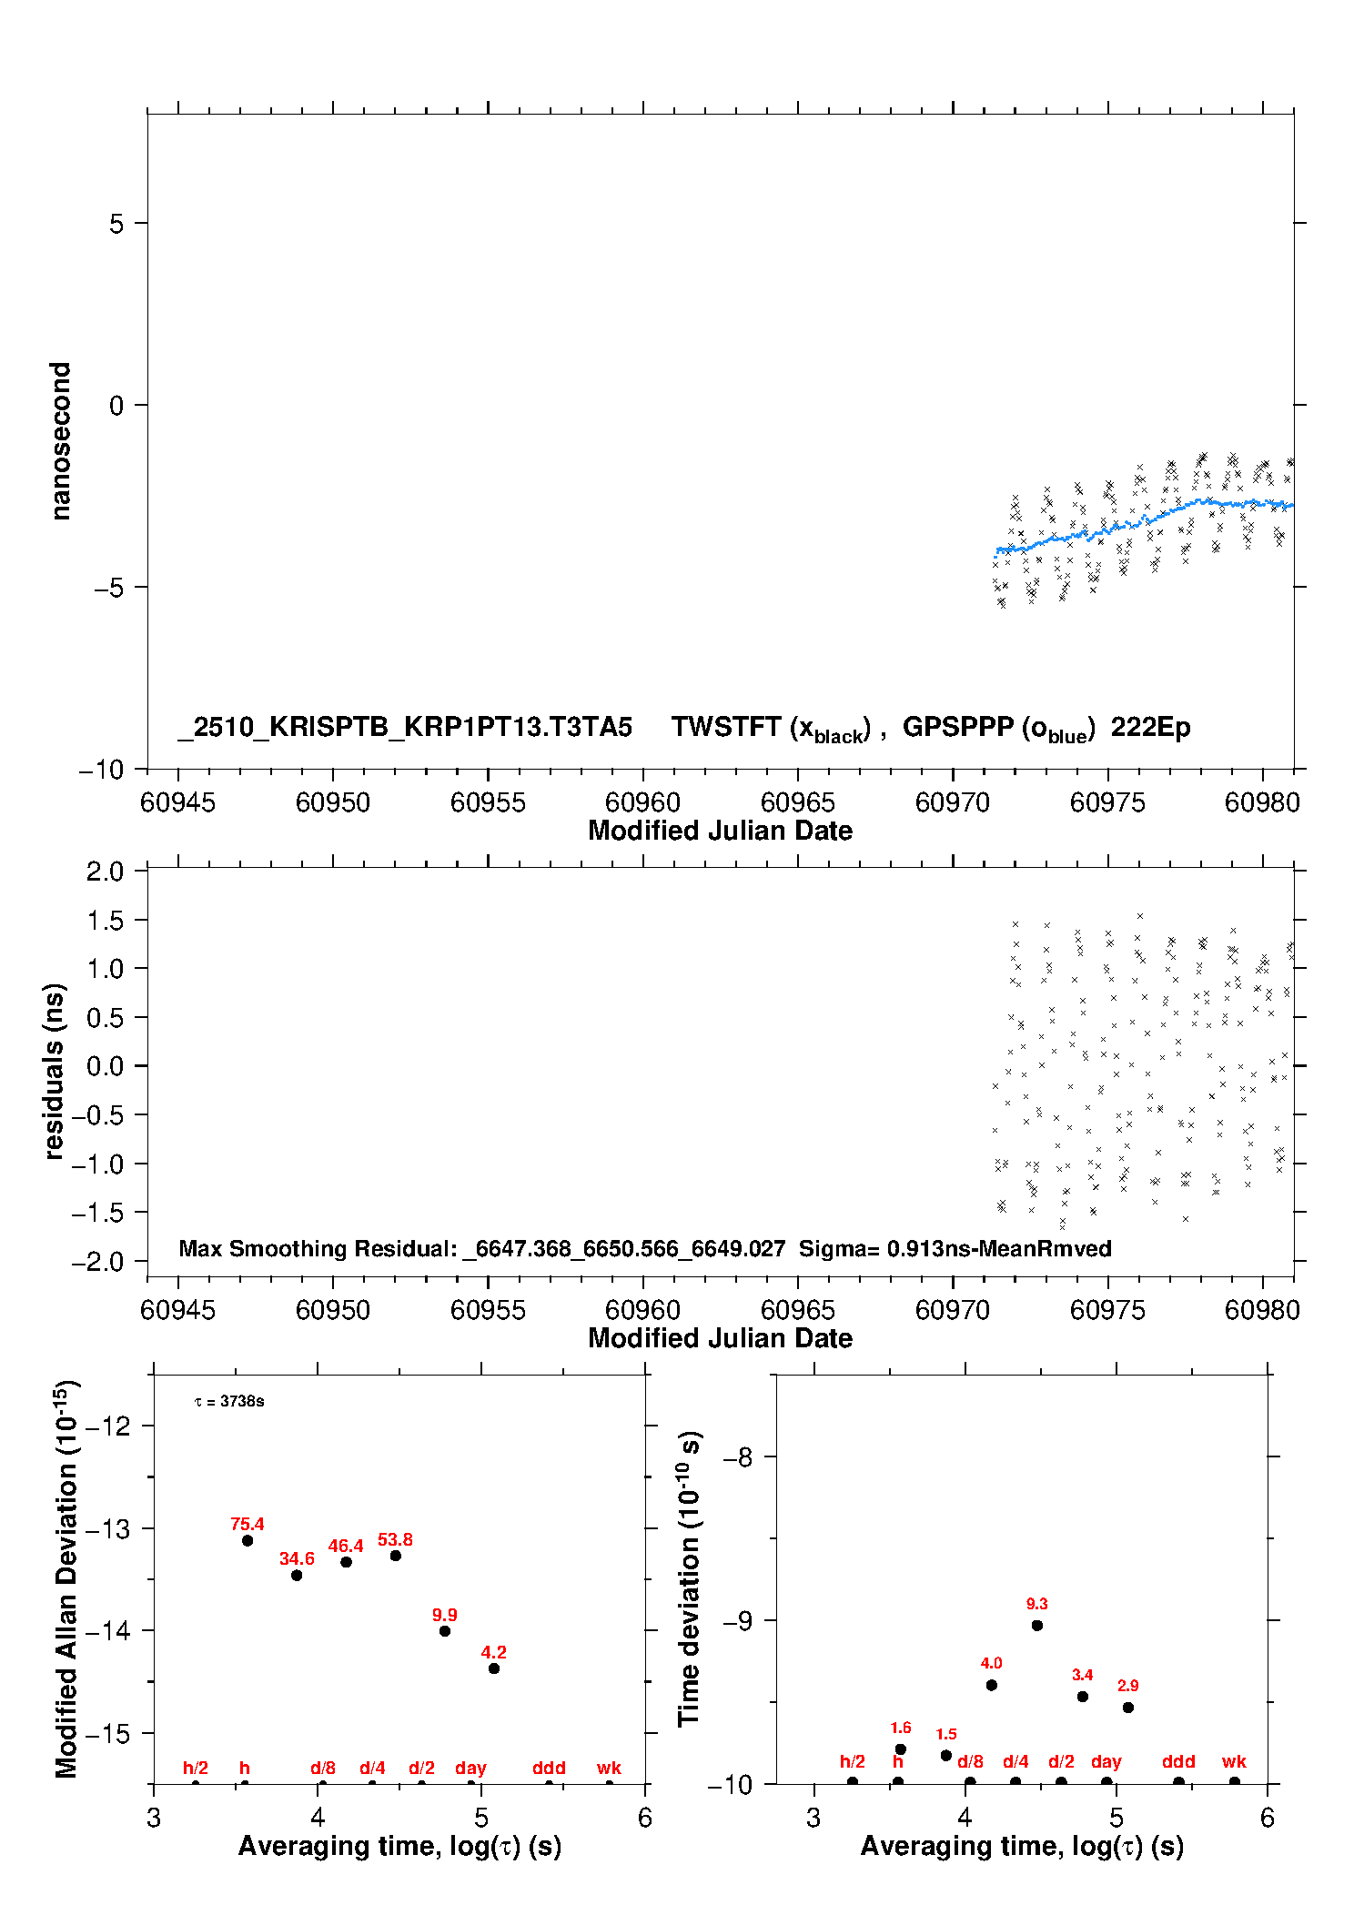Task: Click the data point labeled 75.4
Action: pyautogui.click(x=248, y=1540)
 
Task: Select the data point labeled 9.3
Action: pyautogui.click(x=1037, y=1625)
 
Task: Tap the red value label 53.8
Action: pyautogui.click(x=395, y=1539)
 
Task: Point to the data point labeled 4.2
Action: pyautogui.click(x=494, y=1668)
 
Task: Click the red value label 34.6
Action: pyautogui.click(x=297, y=1558)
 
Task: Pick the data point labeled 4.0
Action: pyautogui.click(x=992, y=1685)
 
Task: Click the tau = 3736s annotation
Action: pyautogui.click(x=229, y=1401)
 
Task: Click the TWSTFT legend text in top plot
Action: pyautogui.click(x=771, y=728)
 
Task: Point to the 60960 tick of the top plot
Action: pyautogui.click(x=642, y=802)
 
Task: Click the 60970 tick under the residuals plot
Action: pyautogui.click(x=953, y=1310)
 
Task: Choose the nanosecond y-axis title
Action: pyautogui.click(x=60, y=440)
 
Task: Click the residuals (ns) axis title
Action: pyautogui.click(x=54, y=1071)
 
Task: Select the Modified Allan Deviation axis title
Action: pyautogui.click(x=66, y=1578)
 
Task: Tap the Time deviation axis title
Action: pyautogui.click(x=689, y=1578)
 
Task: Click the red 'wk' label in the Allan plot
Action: pyautogui.click(x=609, y=1768)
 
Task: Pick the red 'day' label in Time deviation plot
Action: pyautogui.click(x=1106, y=1761)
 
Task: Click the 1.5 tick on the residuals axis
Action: pyautogui.click(x=105, y=921)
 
